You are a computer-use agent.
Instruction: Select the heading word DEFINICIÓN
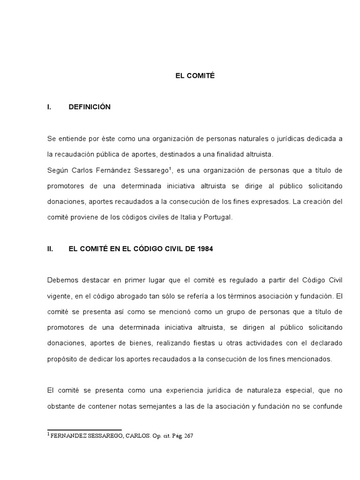90,107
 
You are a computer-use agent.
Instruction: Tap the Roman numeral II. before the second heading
51,249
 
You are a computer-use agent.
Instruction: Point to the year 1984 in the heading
205,249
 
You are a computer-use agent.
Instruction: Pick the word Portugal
216,217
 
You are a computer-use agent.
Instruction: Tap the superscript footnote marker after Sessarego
175,167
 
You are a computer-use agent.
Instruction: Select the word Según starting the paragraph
57,170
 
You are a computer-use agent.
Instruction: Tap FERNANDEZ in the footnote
67,435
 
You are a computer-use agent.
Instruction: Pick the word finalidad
227,154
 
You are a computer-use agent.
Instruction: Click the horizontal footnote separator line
84,429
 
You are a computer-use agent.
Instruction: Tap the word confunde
329,406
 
